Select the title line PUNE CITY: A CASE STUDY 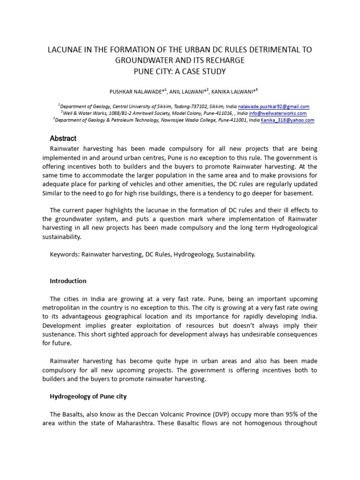(x=180, y=71)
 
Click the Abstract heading (x=63, y=138)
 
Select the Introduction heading (x=68, y=281)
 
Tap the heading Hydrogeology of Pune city (x=88, y=397)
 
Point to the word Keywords (x=64, y=255)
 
